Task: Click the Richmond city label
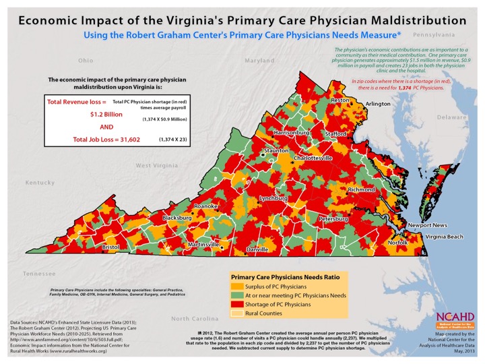362,190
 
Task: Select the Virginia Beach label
445,237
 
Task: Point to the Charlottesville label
311,158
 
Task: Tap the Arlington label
378,104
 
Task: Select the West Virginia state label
162,166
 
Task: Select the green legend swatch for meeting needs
240,297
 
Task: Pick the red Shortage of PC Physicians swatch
240,305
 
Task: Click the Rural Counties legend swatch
240,314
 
